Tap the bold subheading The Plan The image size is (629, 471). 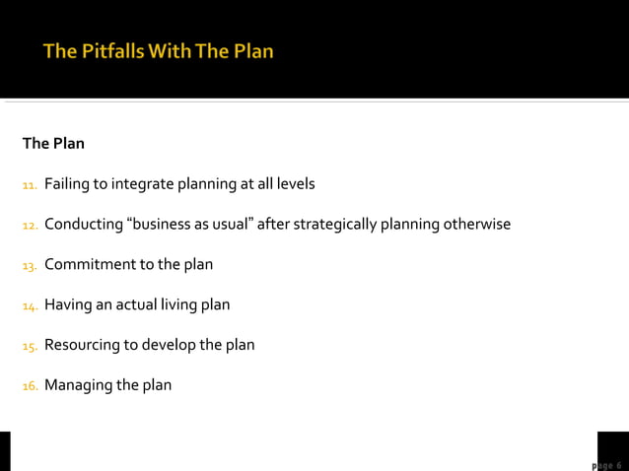click(x=53, y=144)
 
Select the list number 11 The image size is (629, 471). click(x=30, y=184)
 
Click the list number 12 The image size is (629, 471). click(x=30, y=225)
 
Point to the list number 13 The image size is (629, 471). click(x=30, y=265)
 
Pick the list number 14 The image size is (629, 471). click(x=30, y=305)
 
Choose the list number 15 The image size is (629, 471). click(x=30, y=346)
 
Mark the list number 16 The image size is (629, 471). click(x=30, y=385)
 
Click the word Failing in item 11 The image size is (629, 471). click(x=67, y=184)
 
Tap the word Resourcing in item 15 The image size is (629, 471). click(x=83, y=346)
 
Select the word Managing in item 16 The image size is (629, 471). click(x=78, y=385)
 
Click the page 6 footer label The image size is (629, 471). click(x=605, y=465)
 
